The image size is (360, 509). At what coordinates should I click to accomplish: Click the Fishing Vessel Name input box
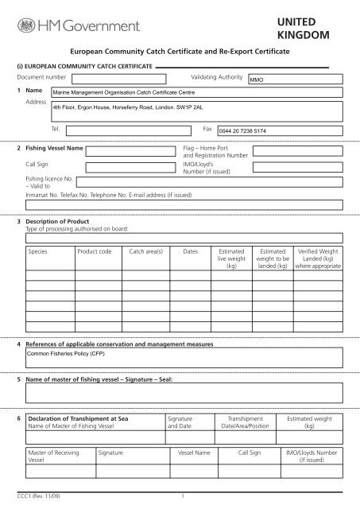132,150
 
